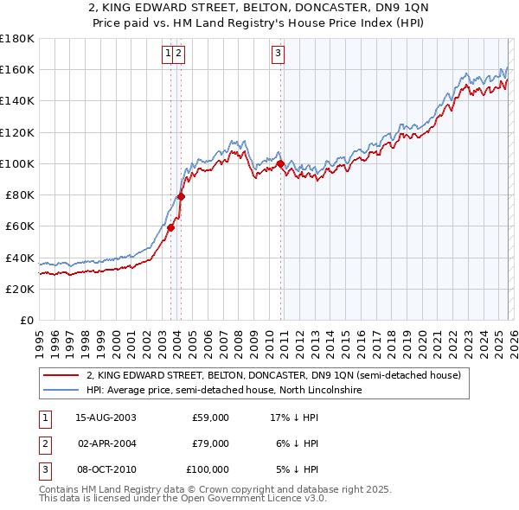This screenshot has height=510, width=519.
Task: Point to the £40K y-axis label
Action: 20,258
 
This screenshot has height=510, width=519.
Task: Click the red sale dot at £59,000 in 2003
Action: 171,227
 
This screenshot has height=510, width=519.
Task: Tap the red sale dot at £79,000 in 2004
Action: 181,196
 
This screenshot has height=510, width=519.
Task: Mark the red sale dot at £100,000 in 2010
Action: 280,163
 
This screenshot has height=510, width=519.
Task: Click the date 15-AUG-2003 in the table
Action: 106,418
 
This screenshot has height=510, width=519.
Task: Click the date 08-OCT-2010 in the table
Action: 106,469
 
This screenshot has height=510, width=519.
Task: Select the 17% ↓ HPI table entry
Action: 295,418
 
